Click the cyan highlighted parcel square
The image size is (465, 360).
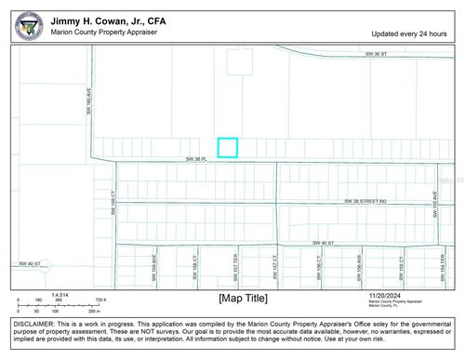click(228, 147)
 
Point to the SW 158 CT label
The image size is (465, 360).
click(194, 270)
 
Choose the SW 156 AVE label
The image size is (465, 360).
click(359, 270)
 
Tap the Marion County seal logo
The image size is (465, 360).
click(28, 25)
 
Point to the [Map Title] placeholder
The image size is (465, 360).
click(243, 298)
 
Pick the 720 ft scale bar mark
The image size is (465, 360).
click(99, 300)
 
